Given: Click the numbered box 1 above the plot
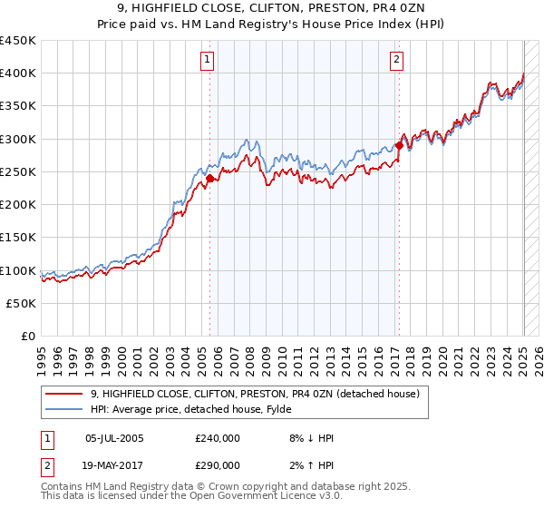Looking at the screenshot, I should click(x=208, y=61).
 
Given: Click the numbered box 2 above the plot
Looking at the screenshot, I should click(x=397, y=61).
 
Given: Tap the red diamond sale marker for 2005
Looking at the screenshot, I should click(x=209, y=179).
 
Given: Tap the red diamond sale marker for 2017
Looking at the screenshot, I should click(x=399, y=145).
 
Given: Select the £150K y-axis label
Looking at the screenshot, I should click(x=18, y=238).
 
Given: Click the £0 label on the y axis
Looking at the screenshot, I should click(x=27, y=337).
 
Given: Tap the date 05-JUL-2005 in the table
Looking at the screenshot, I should click(x=114, y=438).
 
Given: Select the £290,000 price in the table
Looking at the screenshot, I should click(x=218, y=465).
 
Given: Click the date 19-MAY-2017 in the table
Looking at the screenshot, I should click(x=114, y=465).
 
